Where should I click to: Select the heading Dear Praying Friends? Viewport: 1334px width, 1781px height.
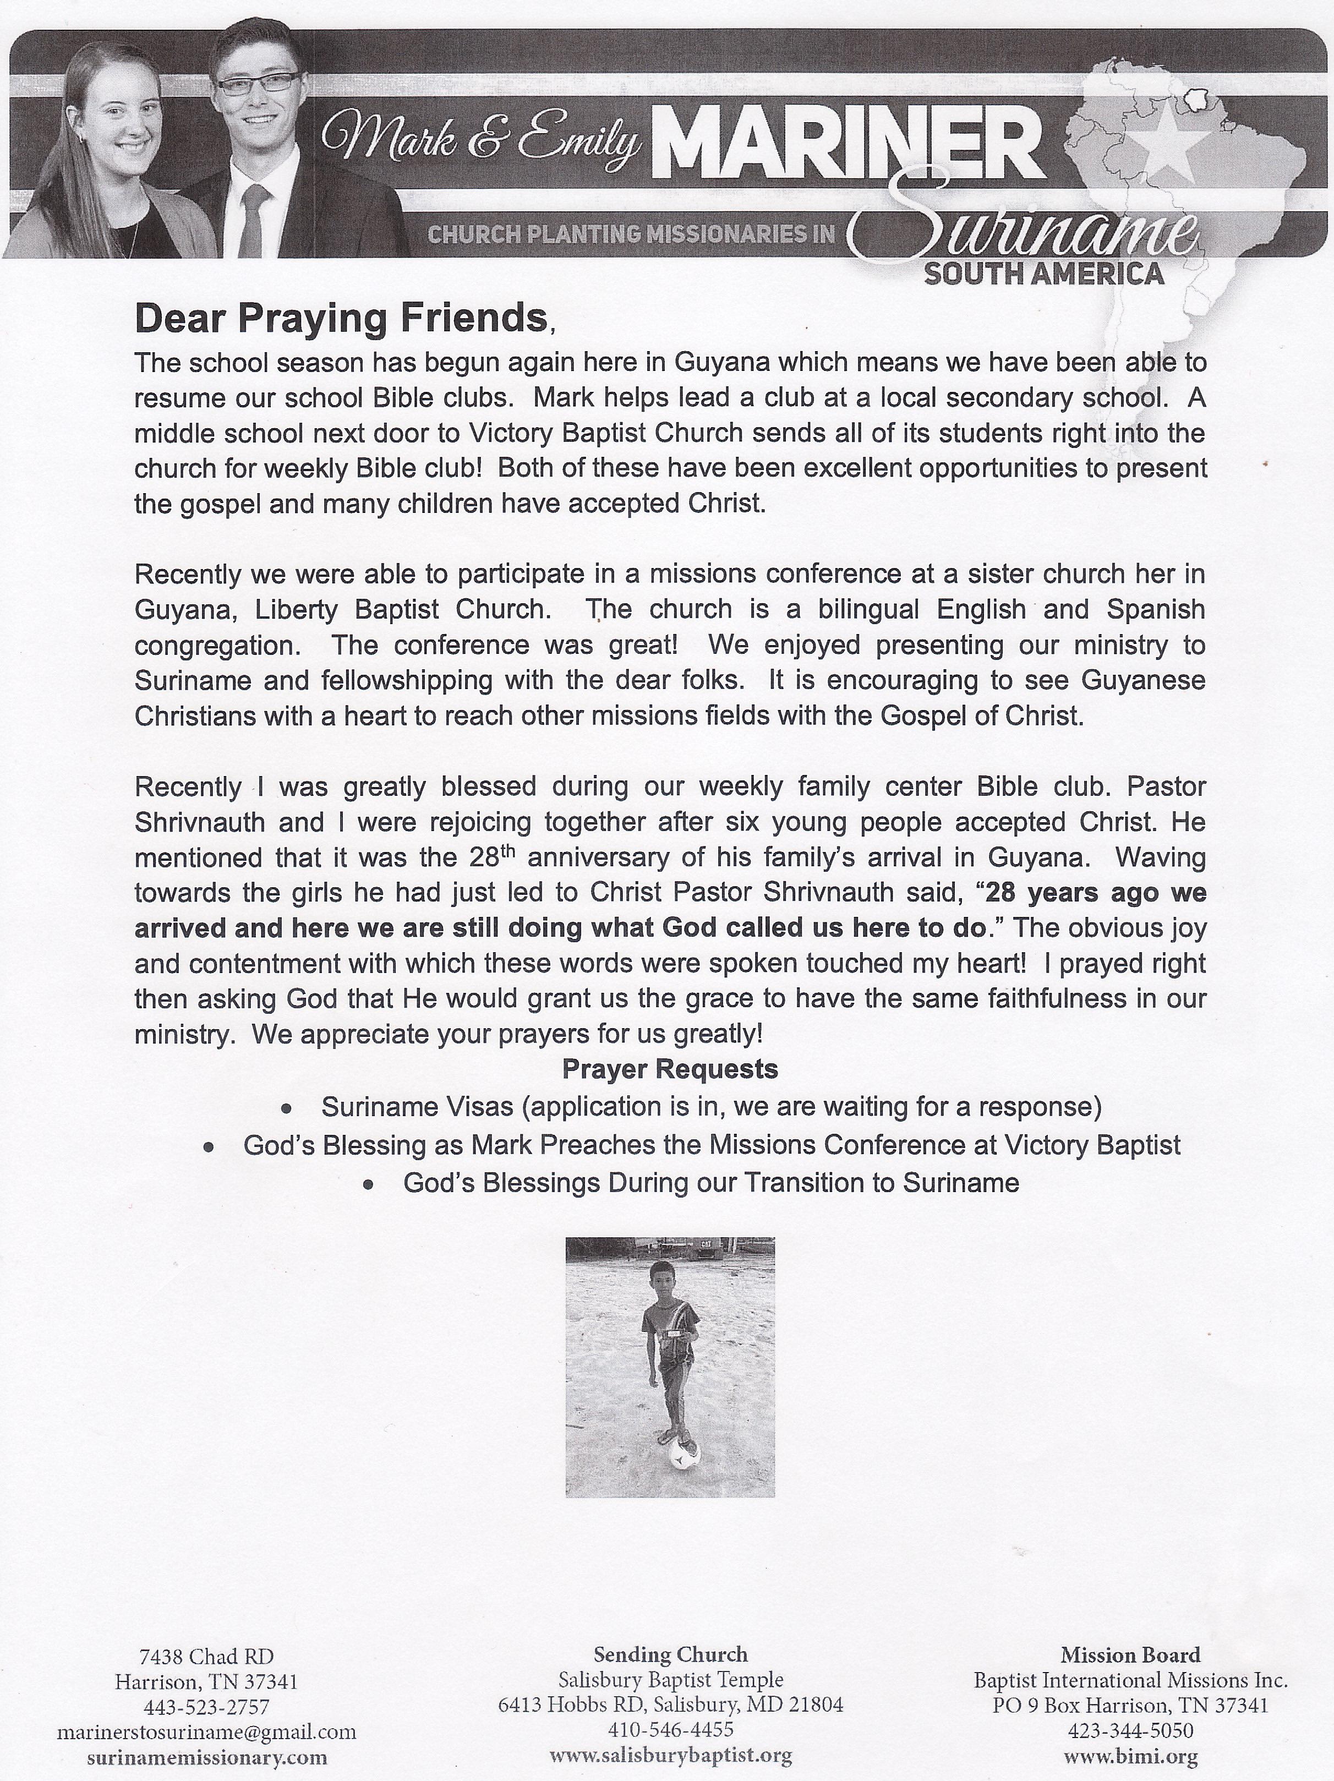(x=341, y=318)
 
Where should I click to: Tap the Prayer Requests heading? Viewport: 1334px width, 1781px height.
(x=670, y=1069)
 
